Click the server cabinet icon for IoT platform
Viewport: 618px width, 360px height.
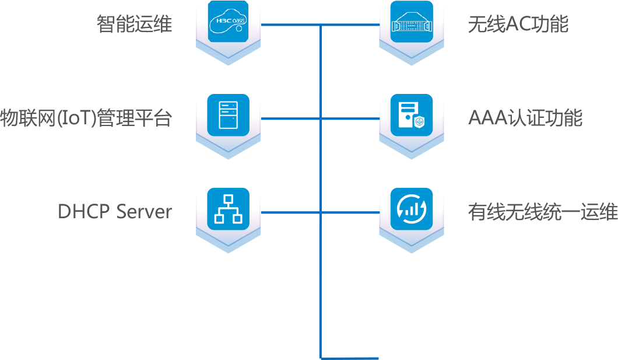pyautogui.click(x=228, y=115)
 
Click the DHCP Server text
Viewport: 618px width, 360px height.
pyautogui.click(x=115, y=212)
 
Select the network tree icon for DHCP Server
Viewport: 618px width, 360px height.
pyautogui.click(x=228, y=208)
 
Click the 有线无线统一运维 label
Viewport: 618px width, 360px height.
pyautogui.click(x=542, y=212)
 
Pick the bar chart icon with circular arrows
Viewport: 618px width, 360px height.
pyautogui.click(x=411, y=208)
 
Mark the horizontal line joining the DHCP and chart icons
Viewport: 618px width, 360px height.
pyautogui.click(x=321, y=212)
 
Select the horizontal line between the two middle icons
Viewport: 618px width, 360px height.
pyautogui.click(x=321, y=119)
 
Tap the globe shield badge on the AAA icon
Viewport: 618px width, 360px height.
pyautogui.click(x=419, y=123)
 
